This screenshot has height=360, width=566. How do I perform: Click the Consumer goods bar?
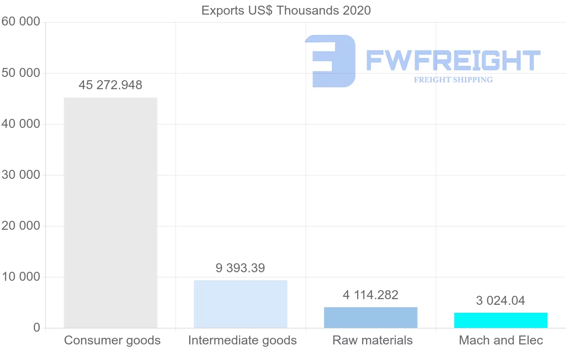110,212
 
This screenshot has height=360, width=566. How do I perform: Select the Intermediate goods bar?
241,304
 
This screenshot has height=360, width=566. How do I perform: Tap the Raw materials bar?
371,318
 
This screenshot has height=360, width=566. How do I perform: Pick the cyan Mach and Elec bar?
501,320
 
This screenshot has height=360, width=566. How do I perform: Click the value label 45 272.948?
110,85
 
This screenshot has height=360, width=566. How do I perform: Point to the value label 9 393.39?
241,268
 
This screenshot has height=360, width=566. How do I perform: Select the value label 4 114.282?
371,295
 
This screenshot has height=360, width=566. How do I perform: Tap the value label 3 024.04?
500,301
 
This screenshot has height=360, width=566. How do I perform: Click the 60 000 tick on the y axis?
21,22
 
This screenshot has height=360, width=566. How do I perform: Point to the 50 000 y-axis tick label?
21,73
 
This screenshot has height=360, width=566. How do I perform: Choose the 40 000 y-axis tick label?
21,124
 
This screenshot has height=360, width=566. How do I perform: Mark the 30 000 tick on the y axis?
21,175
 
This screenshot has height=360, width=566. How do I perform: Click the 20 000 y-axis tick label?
21,226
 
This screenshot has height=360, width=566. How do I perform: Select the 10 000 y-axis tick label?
21,277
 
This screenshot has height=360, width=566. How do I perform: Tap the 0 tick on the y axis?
36,328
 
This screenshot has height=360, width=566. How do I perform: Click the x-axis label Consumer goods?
112,340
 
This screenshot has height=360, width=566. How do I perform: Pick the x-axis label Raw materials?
373,340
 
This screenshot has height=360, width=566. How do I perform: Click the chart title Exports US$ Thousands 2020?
286,10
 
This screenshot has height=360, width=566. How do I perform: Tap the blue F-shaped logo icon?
330,61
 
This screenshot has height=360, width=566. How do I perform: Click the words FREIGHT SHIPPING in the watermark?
453,80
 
